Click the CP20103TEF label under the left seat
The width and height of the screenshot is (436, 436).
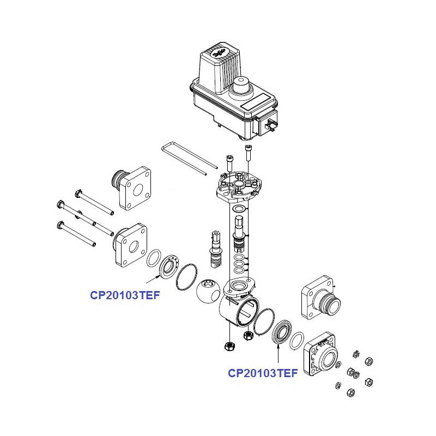coord(125,296)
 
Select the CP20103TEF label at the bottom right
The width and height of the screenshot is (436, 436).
coord(263,373)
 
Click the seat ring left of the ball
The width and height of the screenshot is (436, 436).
coord(168,264)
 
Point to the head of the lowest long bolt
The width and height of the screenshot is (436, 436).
coord(59,223)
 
